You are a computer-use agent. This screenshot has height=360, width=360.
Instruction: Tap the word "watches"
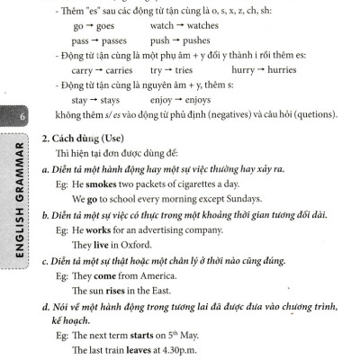[196, 28]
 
